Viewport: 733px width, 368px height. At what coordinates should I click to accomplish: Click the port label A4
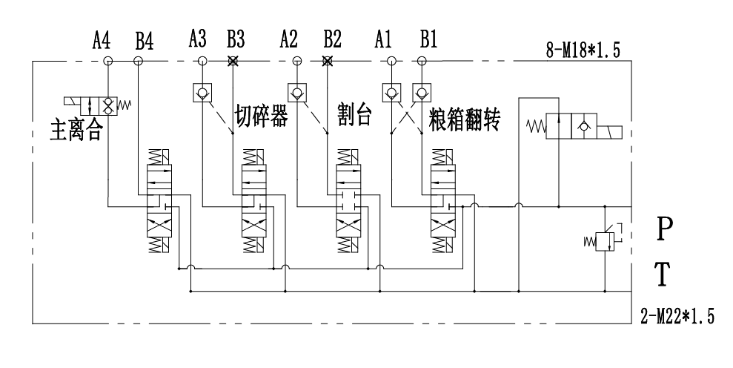102,40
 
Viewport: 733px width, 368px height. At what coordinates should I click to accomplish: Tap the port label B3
236,39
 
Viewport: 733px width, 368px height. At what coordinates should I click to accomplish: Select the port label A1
383,39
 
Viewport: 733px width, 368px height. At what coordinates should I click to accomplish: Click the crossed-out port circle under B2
328,61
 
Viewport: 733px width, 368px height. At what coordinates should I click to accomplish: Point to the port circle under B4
138,61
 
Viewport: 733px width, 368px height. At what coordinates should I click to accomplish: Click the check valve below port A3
202,92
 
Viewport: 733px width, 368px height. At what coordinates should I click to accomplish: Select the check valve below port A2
296,92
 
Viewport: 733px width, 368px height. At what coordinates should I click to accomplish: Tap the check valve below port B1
422,92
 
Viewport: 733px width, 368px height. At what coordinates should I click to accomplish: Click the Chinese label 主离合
76,130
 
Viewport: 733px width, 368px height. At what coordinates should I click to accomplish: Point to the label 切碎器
262,116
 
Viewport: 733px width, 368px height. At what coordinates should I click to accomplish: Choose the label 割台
355,115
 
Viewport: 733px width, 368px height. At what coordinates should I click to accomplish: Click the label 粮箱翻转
464,119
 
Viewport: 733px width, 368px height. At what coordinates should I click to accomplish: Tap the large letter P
665,229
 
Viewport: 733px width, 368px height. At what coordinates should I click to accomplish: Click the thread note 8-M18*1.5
583,50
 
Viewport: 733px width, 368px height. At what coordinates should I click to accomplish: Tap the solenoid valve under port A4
98,105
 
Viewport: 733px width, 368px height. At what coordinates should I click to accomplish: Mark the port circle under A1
391,61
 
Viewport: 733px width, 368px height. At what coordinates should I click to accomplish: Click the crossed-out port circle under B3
232,61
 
